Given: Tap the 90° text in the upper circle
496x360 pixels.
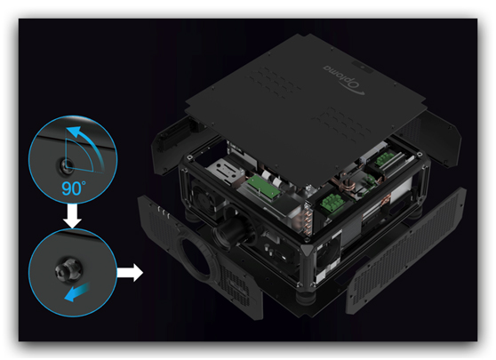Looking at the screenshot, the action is click(x=74, y=188).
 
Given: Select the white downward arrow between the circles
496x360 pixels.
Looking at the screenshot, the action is click(x=72, y=216).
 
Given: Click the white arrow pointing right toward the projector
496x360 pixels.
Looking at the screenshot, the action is click(x=130, y=272).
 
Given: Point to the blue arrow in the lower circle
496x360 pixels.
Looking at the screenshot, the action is click(x=77, y=292).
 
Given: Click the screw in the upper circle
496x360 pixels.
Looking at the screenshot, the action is click(x=66, y=165).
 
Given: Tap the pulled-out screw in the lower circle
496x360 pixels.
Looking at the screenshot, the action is click(x=68, y=270).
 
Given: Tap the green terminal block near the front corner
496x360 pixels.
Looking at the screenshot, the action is click(x=332, y=204).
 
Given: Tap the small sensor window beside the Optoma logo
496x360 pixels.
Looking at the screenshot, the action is click(x=363, y=68).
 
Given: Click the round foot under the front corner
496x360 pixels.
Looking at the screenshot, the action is click(x=304, y=298).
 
